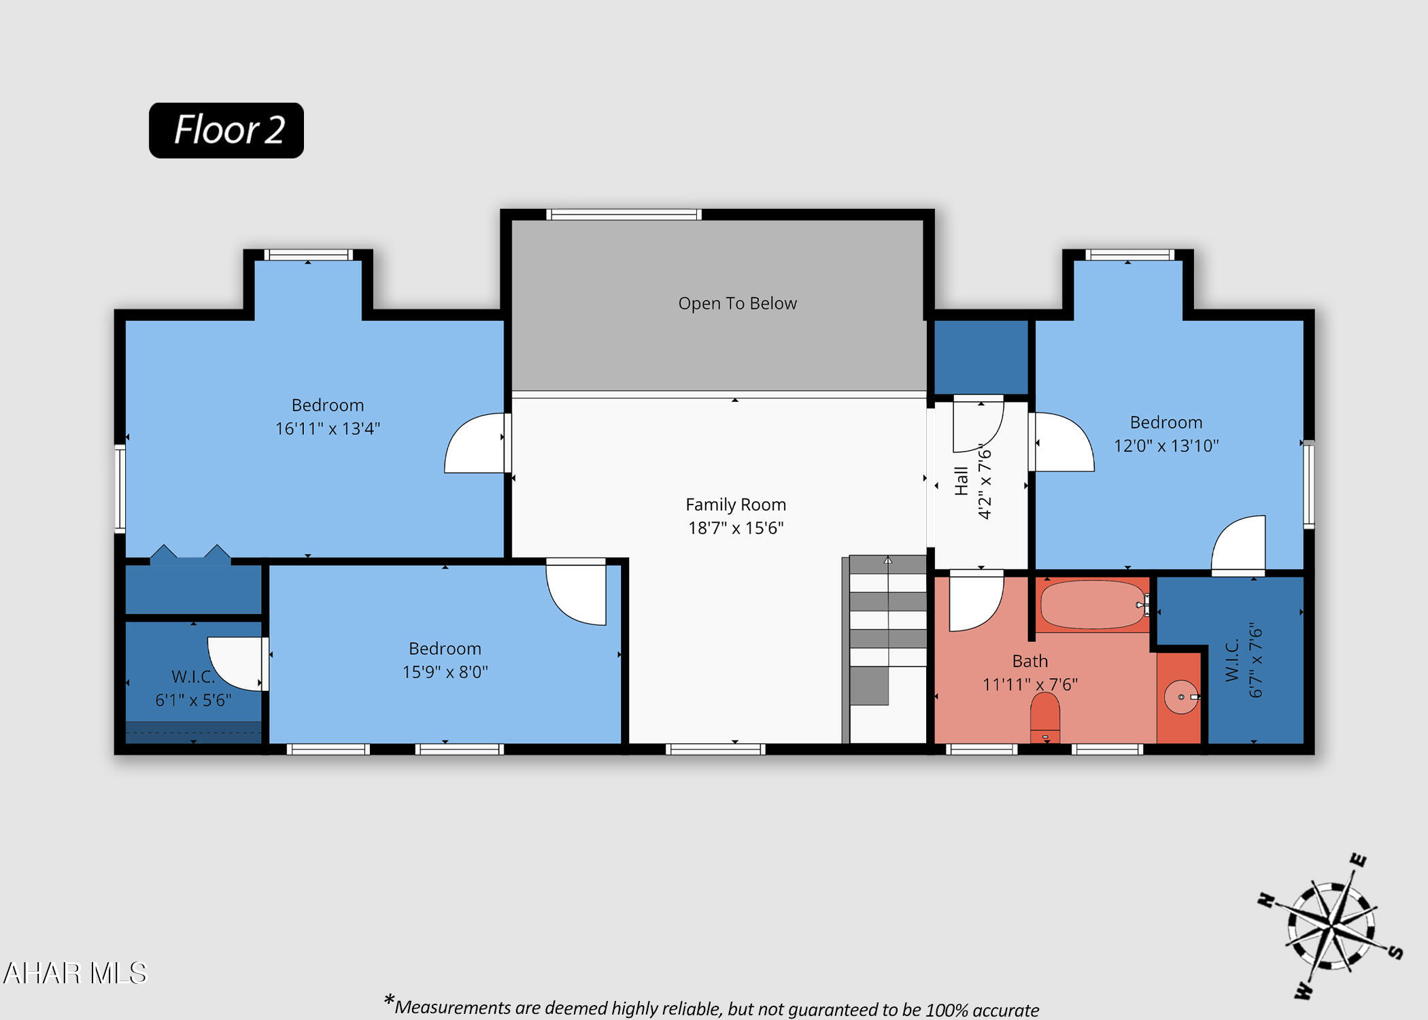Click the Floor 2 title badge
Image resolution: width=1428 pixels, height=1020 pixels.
[226, 131]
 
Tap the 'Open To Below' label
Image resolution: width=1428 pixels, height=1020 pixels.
[737, 303]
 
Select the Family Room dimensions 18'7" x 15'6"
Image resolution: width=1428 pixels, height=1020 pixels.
[736, 528]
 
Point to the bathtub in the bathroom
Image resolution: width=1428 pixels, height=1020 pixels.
[1093, 605]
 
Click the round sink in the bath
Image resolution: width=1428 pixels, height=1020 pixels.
[1181, 697]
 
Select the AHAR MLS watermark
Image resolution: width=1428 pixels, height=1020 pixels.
[75, 973]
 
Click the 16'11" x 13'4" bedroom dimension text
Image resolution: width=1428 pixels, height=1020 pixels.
[328, 428]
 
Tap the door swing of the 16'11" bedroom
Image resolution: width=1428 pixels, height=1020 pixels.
[475, 443]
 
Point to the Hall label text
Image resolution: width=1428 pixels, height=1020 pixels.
[961, 481]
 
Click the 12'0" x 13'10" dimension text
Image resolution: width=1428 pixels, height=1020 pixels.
[1166, 445]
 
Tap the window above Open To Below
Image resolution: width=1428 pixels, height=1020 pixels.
[624, 215]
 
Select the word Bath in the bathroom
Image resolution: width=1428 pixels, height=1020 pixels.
[1030, 661]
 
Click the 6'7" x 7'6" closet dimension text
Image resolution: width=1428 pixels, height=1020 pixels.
[1255, 660]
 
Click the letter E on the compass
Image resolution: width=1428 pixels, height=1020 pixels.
[1357, 860]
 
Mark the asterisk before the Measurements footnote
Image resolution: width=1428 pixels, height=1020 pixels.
[389, 1000]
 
